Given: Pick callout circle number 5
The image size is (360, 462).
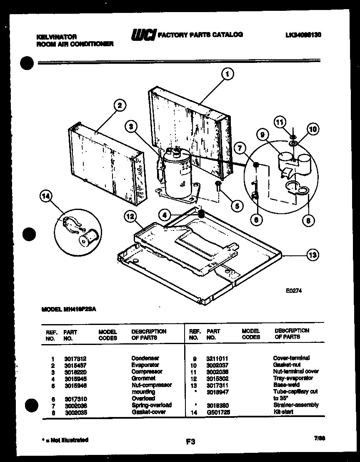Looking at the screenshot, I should point(236,205).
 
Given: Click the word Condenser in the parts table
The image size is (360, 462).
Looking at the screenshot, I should point(145,358).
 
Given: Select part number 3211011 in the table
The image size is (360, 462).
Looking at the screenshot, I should point(217,358).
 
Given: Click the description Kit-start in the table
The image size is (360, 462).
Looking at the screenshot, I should point(283,412).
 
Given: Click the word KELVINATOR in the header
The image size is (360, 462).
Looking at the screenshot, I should point(57,37).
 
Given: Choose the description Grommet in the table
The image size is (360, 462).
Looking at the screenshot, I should point(143,378).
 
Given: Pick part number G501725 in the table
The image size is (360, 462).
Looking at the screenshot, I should point(218,412).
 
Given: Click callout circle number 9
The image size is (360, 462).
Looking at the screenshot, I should point(263,135).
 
